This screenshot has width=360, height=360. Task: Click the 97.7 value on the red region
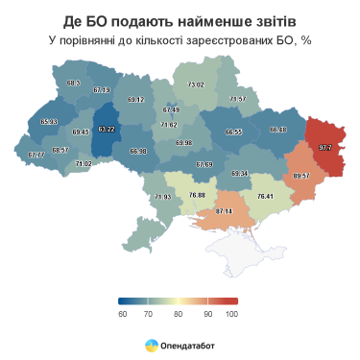pyautogui.click(x=324, y=148)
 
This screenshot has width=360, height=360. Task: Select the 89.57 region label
pyautogui.click(x=301, y=176)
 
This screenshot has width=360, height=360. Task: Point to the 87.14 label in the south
pyautogui.click(x=224, y=210)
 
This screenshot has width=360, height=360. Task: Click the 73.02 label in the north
pyautogui.click(x=195, y=85)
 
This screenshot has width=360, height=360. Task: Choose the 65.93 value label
pyautogui.click(x=49, y=122)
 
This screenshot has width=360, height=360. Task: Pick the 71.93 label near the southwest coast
pyautogui.click(x=162, y=197)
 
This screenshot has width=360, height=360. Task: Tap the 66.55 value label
pyautogui.click(x=233, y=131)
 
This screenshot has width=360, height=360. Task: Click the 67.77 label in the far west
pyautogui.click(x=36, y=155)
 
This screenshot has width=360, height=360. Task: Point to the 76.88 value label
pyautogui.click(x=197, y=195)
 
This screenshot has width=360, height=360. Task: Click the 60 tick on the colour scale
pyautogui.click(x=122, y=314)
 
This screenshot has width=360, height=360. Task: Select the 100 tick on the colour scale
pyautogui.click(x=231, y=314)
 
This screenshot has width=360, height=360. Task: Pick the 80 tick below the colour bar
pyautogui.click(x=178, y=314)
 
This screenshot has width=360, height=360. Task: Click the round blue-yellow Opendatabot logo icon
pyautogui.click(x=151, y=343)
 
